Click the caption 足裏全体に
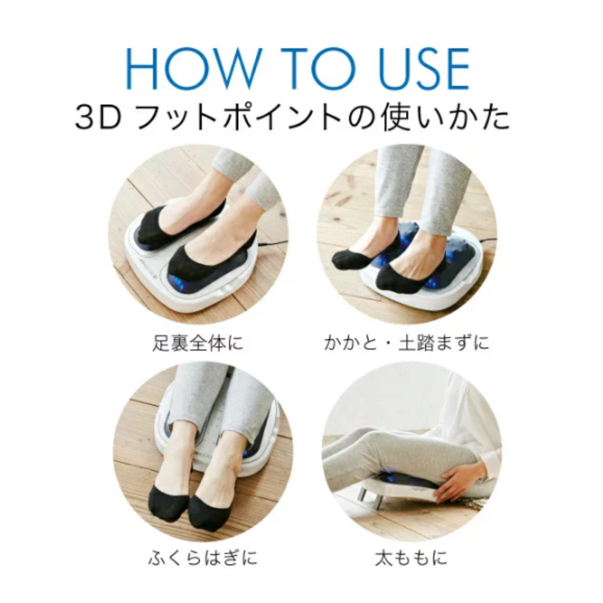click(x=198, y=343)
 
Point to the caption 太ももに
click(x=411, y=557)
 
